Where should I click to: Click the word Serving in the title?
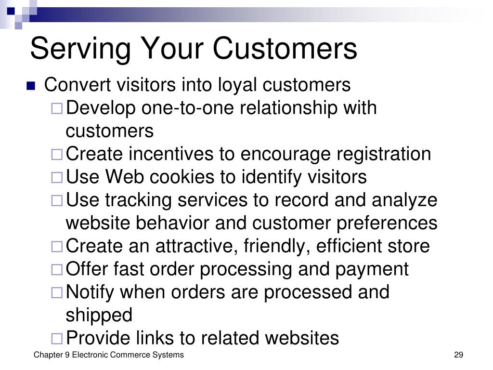[x=80, y=49]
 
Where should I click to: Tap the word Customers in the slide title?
[x=285, y=48]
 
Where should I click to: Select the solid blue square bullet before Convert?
[x=31, y=86]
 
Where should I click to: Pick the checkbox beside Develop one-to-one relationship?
[x=57, y=108]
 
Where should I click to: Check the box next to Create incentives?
[x=57, y=155]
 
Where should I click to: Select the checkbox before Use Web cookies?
[x=57, y=177]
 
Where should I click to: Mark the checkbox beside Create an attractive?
[x=57, y=247]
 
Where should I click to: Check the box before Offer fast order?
[x=57, y=270]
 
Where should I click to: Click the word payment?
[x=372, y=270]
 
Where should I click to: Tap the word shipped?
[x=99, y=316]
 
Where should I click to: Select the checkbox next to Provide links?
[x=57, y=339]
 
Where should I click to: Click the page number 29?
[x=458, y=355]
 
